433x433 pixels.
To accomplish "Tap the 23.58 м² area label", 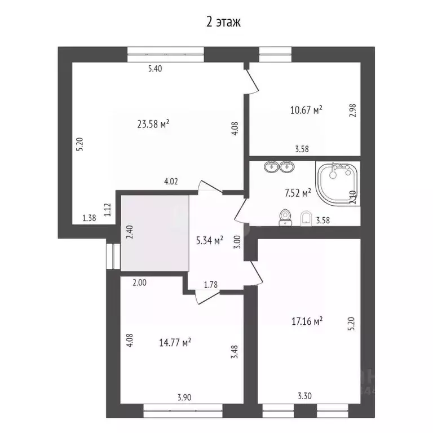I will pos(153,123).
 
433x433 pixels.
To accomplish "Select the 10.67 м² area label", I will pos(306,110).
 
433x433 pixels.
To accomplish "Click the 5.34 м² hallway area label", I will pos(209,241).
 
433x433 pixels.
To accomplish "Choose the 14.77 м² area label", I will pos(175,342).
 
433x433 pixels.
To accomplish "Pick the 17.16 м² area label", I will pos(307,321).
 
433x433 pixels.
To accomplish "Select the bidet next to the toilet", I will pos(306,218).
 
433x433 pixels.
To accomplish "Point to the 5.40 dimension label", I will pos(155,69).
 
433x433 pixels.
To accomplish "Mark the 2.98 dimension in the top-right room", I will pos(353,111).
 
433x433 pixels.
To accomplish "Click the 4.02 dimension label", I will pos(171,182).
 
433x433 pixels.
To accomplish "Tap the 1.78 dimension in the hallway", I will pos(211,284).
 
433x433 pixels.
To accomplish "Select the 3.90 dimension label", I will pos(184,397).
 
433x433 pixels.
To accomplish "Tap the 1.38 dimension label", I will pos(89,218).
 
